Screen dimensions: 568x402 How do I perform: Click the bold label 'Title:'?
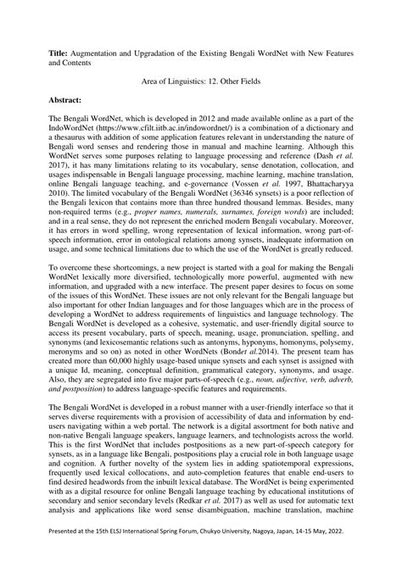coord(62,53)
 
